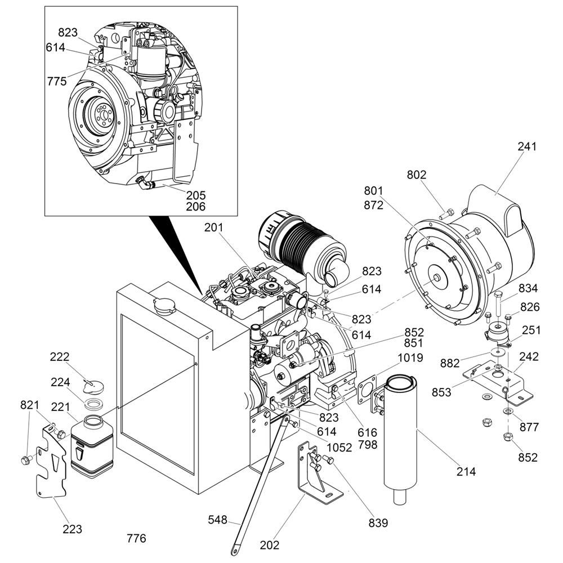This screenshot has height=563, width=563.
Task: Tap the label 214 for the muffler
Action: coord(466,471)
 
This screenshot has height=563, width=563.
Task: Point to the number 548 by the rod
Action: coord(217,520)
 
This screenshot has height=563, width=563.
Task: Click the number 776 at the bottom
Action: coord(136,539)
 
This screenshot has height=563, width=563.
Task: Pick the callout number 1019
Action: coord(410,358)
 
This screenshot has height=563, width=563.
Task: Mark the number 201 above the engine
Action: coord(214,227)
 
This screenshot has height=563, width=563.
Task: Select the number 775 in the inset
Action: coord(57,81)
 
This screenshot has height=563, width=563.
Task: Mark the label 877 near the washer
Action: coord(529,427)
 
